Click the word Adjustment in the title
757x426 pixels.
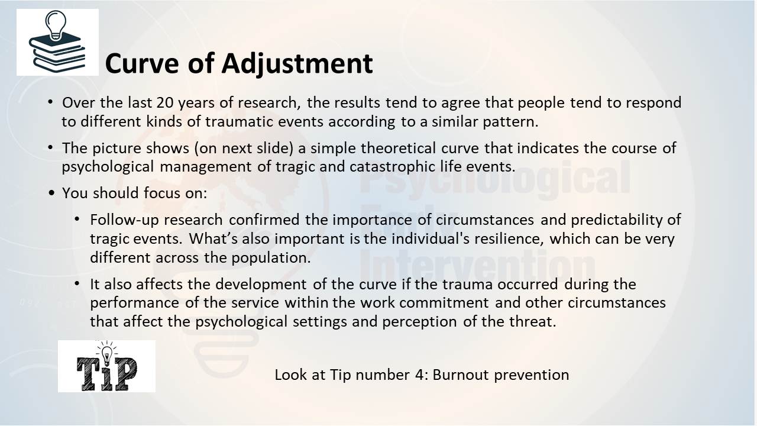pyautogui.click(x=297, y=64)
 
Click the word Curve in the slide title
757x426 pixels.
pyautogui.click(x=141, y=64)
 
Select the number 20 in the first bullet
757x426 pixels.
pyautogui.click(x=165, y=102)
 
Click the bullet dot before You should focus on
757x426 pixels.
pyautogui.click(x=51, y=193)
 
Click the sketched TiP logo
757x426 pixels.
pyautogui.click(x=107, y=366)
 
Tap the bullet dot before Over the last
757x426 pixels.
pyautogui.click(x=50, y=102)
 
